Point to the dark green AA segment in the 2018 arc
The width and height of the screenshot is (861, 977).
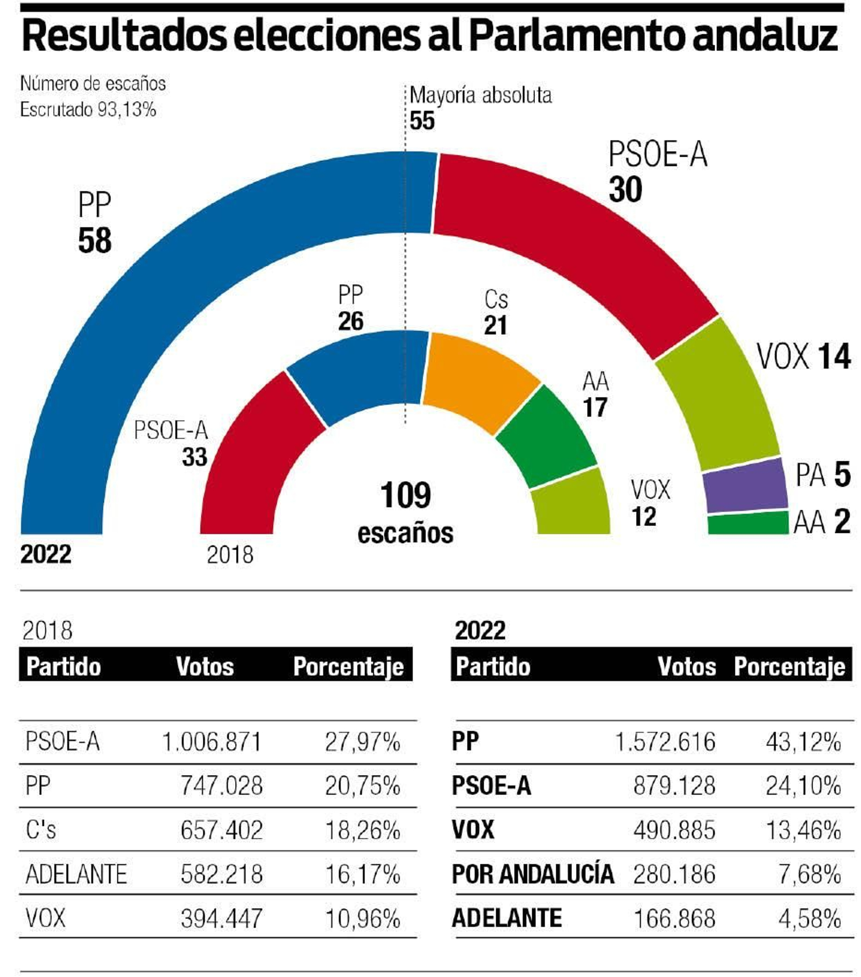click(546, 436)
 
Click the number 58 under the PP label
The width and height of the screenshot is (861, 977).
click(95, 241)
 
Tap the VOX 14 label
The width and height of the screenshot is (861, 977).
click(803, 356)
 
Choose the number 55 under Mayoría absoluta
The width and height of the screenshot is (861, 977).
click(422, 120)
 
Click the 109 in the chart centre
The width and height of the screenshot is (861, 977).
click(405, 495)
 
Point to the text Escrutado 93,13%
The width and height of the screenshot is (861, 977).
click(88, 110)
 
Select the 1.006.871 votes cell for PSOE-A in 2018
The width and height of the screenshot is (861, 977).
click(211, 742)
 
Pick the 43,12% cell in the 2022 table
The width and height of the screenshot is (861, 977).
click(803, 742)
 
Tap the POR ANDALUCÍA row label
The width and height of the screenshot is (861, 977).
click(533, 874)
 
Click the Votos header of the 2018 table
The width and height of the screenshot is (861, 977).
click(205, 666)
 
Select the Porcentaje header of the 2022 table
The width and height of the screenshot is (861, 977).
click(789, 666)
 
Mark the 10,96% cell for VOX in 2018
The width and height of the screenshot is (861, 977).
click(363, 918)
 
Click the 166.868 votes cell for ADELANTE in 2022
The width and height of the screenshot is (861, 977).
click(675, 918)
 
